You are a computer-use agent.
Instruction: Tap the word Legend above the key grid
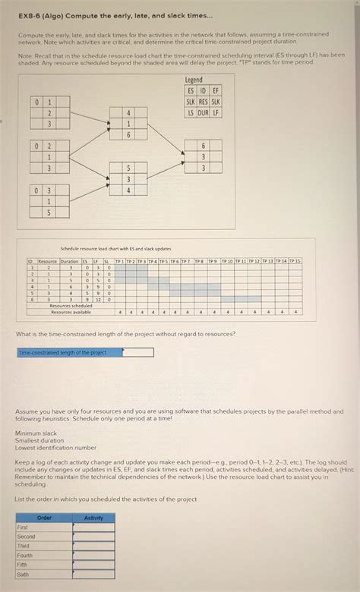194,80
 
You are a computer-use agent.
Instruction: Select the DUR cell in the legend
203,112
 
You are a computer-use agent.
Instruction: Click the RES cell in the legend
203,102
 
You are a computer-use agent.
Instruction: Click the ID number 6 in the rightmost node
203,145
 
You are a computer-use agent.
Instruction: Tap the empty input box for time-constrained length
137,352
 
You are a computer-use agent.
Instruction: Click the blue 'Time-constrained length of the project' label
69,352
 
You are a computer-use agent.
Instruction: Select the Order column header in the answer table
44,518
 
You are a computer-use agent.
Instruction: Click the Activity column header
93,518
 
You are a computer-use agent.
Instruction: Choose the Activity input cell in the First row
93,527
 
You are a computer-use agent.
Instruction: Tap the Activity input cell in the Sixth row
93,575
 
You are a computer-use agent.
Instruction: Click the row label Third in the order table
24,546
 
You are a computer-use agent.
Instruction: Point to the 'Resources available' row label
71,312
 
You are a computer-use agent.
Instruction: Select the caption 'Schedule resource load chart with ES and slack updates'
115,248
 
